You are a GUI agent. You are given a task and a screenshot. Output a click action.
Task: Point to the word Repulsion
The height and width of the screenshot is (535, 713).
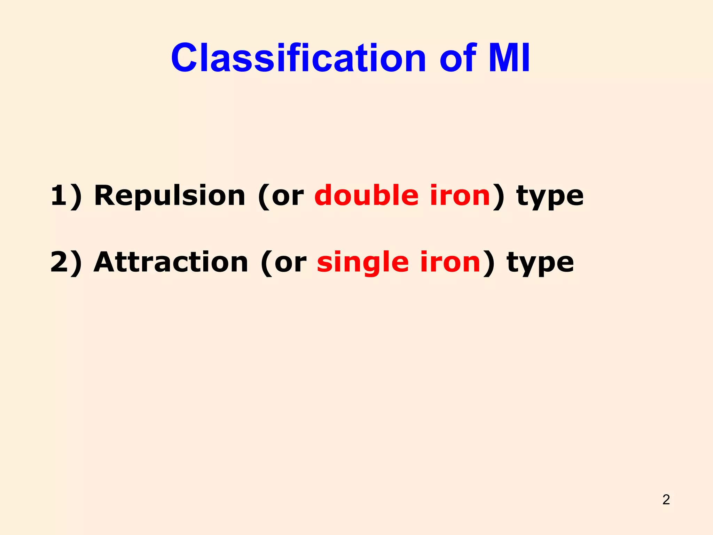pyautogui.click(x=170, y=196)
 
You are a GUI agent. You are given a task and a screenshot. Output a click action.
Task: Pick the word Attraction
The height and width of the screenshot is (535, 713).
pyautogui.click(x=171, y=262)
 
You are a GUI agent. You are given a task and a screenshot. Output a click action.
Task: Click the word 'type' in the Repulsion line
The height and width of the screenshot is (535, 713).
pyautogui.click(x=550, y=197)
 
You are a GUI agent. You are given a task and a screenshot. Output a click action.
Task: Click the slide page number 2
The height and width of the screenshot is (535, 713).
pyautogui.click(x=666, y=499)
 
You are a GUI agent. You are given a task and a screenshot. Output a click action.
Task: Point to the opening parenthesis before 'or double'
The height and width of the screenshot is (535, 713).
pyautogui.click(x=264, y=197)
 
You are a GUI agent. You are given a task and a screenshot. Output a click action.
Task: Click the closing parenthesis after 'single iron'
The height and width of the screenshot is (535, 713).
pyautogui.click(x=489, y=263)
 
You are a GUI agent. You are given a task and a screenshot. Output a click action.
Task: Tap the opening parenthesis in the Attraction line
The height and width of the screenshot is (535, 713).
pyautogui.click(x=267, y=263)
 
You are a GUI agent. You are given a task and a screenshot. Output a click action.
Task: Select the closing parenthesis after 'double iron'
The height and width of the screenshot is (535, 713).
pyautogui.click(x=498, y=196)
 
